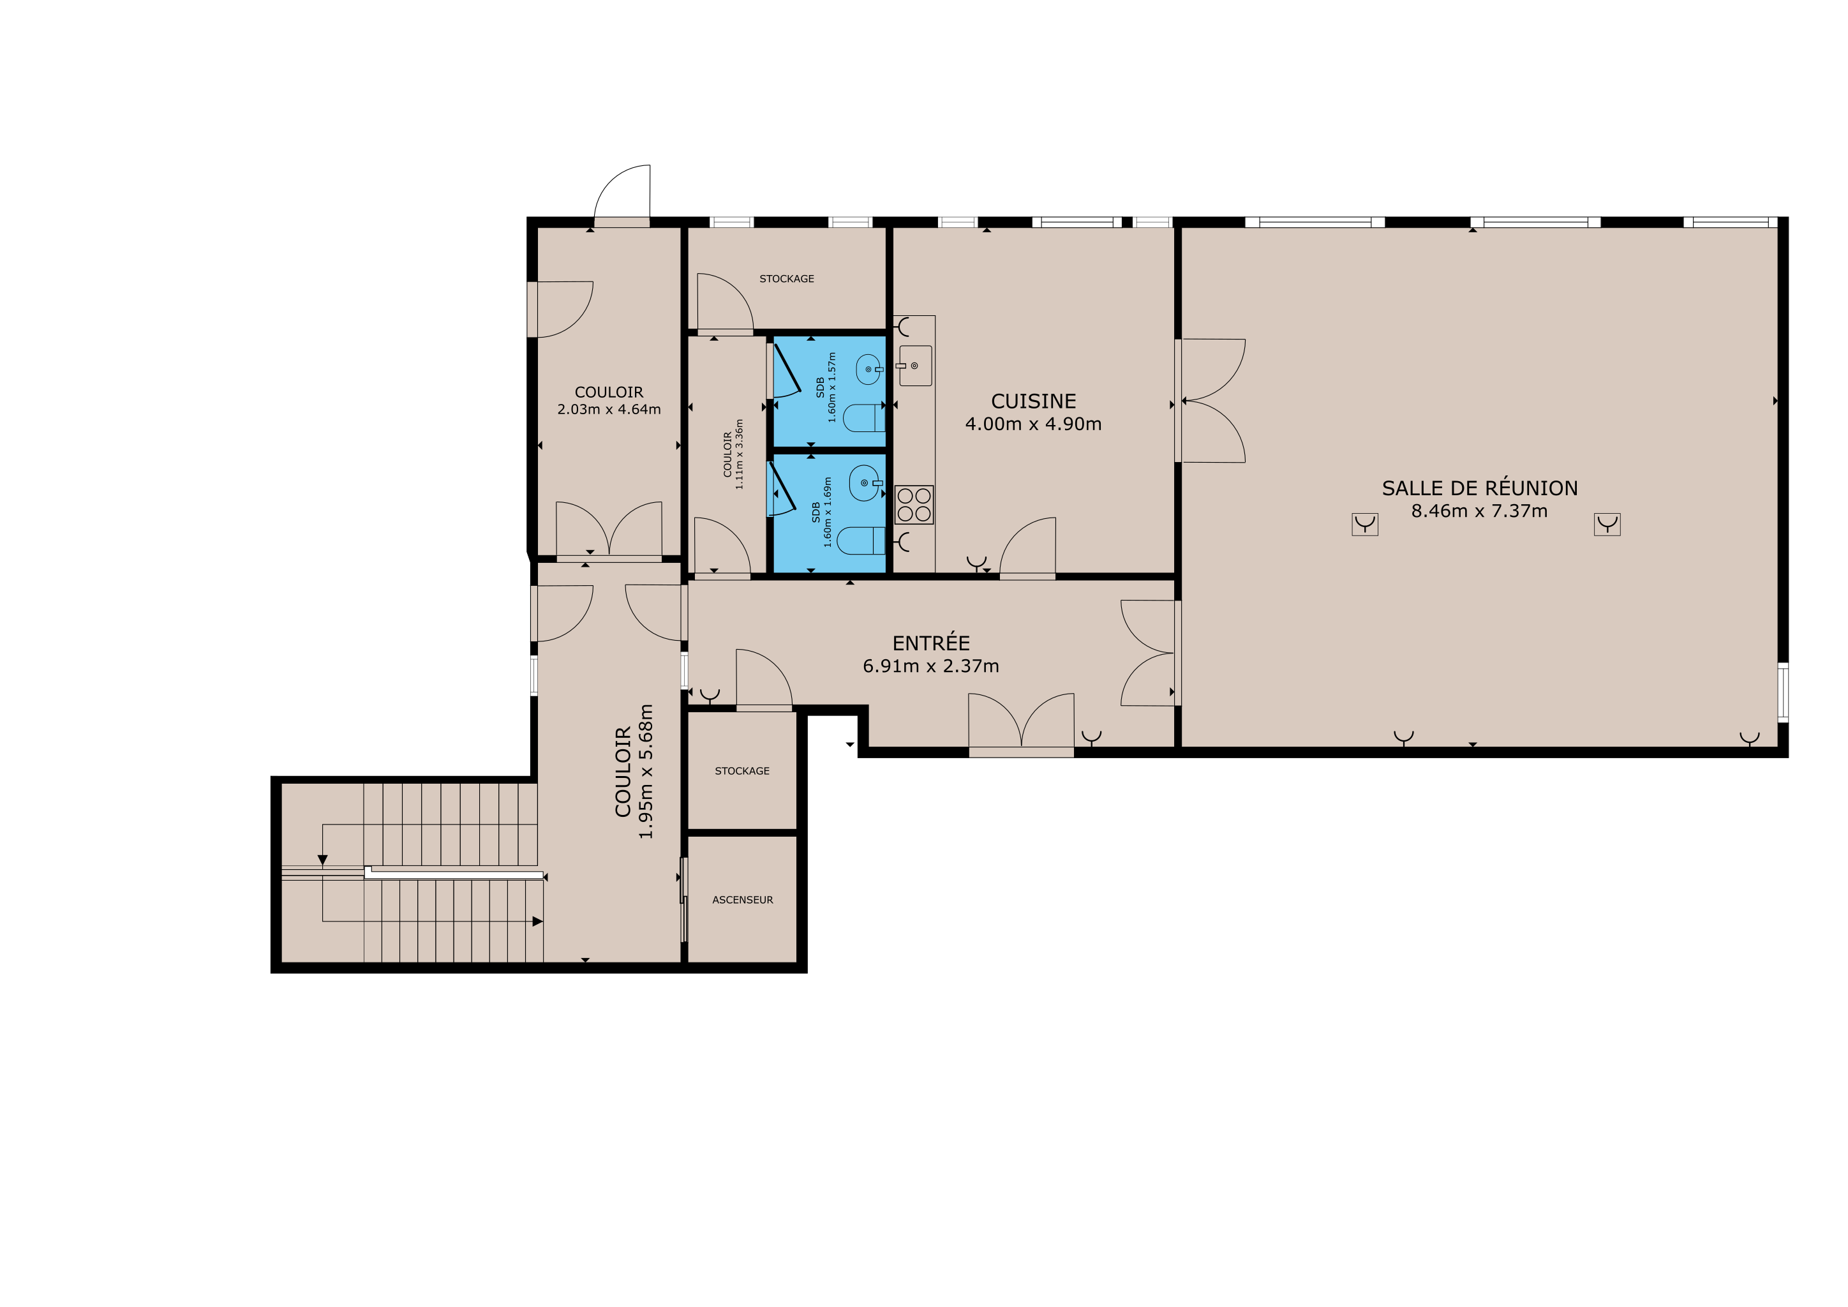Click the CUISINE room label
click(1034, 401)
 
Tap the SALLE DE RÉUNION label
click(1479, 488)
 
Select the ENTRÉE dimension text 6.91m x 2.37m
click(930, 666)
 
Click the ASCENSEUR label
click(742, 900)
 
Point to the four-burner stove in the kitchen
click(914, 505)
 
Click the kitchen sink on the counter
click(915, 366)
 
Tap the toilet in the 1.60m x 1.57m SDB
click(863, 418)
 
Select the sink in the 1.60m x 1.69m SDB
click(865, 483)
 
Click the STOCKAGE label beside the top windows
click(786, 278)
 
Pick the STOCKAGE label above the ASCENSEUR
click(742, 771)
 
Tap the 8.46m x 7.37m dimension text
click(1479, 511)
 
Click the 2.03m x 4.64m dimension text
click(609, 410)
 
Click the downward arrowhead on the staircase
click(322, 860)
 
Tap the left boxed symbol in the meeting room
click(1364, 525)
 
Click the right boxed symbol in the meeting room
click(1607, 525)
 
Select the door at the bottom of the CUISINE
click(1028, 548)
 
